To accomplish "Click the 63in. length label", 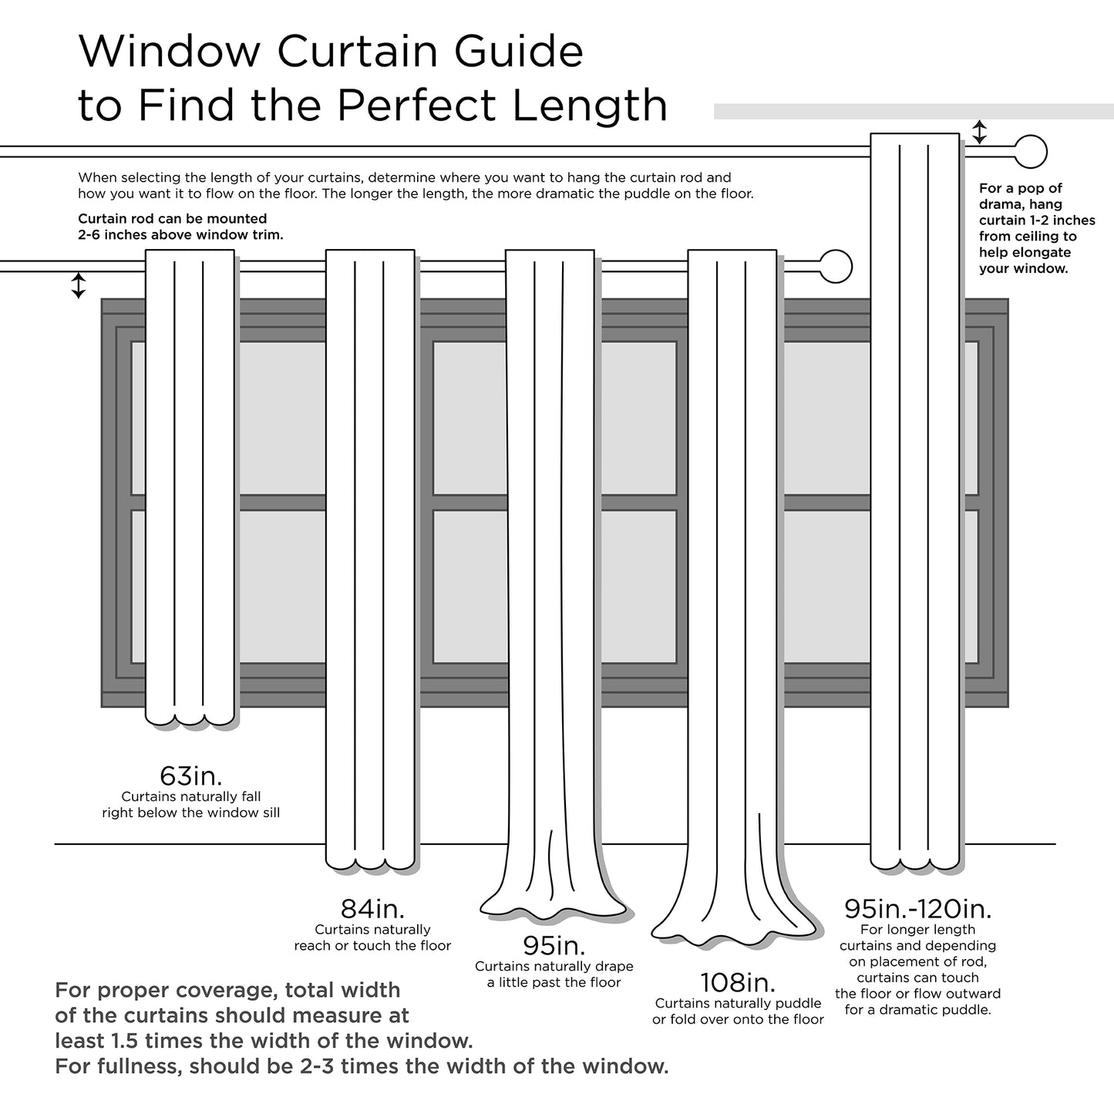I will point(190,775).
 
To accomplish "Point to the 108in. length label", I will point(738,982).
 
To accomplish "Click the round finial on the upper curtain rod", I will point(1031,151).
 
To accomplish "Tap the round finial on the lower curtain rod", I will point(836,267).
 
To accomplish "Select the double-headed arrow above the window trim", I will point(78,285).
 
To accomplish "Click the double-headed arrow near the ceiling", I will point(979,132).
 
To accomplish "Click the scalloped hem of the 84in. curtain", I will point(370,865).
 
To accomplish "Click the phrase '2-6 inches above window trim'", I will point(180,234).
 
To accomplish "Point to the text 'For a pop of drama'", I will point(1020,196).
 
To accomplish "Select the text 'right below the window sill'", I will point(190,813).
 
